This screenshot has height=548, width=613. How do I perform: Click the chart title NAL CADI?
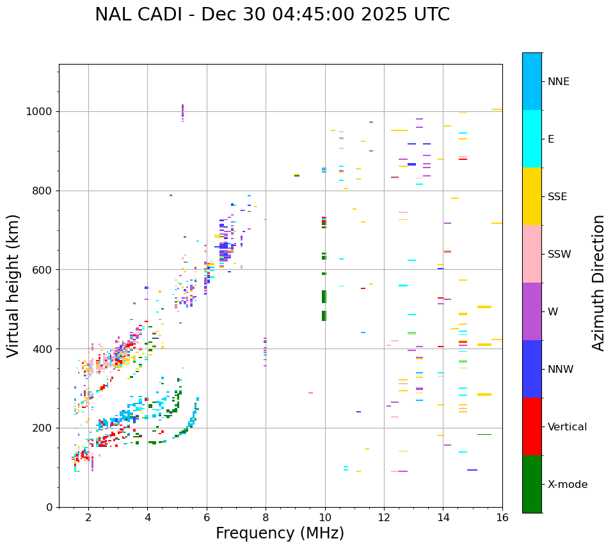point(272,15)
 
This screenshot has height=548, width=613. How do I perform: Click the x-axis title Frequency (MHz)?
point(280,533)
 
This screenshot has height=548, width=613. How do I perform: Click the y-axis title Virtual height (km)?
point(13,286)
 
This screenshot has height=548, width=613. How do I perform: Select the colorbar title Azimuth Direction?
point(598,283)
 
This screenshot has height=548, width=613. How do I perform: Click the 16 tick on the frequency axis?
point(502,517)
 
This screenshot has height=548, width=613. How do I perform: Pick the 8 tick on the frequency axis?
point(266,517)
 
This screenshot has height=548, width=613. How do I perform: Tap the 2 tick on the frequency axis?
point(88,517)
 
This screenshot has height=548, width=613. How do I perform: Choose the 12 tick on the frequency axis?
point(384,517)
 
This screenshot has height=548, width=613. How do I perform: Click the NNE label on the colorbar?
point(558,82)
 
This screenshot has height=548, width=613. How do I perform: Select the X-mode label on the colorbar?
point(568,485)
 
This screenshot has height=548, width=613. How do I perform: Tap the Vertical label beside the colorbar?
point(567,427)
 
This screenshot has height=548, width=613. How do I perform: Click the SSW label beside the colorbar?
point(559,254)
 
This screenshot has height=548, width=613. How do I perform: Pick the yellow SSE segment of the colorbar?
point(532,196)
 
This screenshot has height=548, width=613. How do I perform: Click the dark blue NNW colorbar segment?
point(532,369)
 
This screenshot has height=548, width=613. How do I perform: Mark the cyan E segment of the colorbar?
point(532,139)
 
